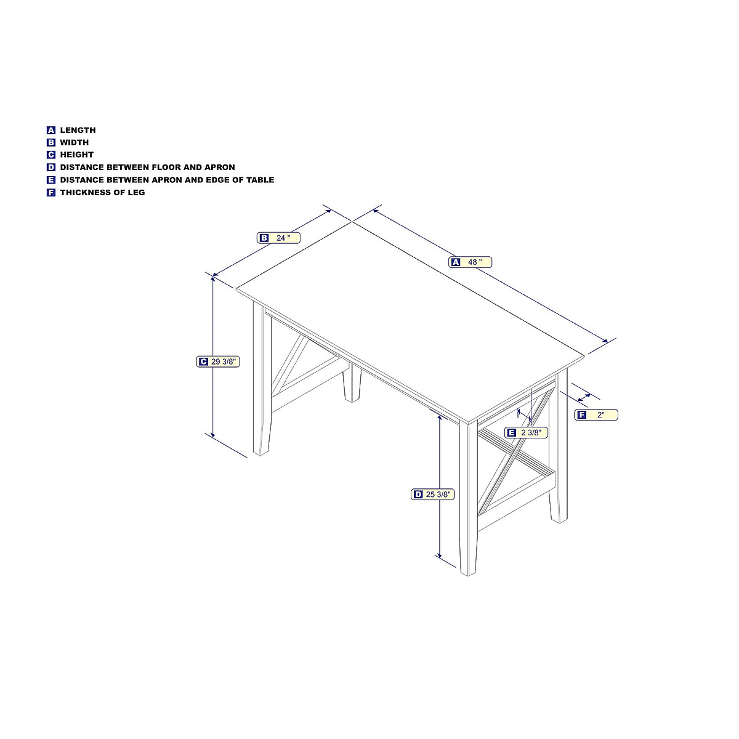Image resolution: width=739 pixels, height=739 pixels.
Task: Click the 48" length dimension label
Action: coord(470,262)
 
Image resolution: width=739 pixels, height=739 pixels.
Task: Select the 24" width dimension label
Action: coord(279,238)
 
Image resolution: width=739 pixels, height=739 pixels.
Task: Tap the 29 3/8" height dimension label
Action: coord(218,362)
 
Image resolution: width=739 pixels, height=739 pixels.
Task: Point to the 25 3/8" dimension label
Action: coord(433,495)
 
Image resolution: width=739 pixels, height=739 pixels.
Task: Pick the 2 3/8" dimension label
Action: coord(526,433)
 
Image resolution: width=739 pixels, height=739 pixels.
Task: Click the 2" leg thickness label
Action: coord(596,415)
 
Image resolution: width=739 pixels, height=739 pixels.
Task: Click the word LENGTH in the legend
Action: coord(78,130)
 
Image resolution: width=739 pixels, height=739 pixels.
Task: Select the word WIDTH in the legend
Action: coord(74,142)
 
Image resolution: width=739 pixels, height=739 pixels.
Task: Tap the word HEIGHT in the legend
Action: coord(76,155)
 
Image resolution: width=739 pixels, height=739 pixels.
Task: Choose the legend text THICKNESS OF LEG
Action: coord(102,192)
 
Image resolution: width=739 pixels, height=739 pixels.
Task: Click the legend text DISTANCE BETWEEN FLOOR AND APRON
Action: coord(147,167)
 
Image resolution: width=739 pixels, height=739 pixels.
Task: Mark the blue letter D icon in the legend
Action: coord(51,168)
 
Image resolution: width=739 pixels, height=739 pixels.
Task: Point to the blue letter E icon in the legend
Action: coord(51,180)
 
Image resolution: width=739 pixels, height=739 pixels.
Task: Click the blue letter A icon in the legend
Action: coord(51,130)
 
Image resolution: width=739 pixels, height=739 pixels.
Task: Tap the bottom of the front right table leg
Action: coord(467,573)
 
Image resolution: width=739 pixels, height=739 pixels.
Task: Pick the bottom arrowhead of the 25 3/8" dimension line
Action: coord(439,555)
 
